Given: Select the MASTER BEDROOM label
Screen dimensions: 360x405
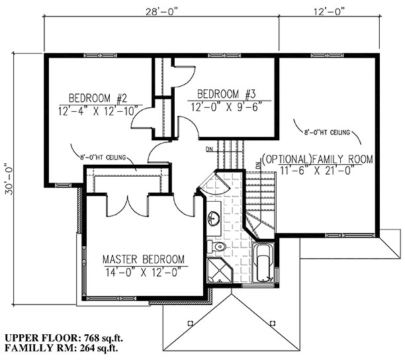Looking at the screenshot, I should pyautogui.click(x=142, y=259).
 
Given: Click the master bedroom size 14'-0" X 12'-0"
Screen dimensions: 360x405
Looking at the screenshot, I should pyautogui.click(x=142, y=271).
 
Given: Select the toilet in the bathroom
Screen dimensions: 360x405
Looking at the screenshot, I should pyautogui.click(x=217, y=246).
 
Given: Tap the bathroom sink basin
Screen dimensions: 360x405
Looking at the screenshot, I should pyautogui.click(x=212, y=218).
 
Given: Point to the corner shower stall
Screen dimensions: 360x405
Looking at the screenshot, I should pyautogui.click(x=217, y=271).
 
